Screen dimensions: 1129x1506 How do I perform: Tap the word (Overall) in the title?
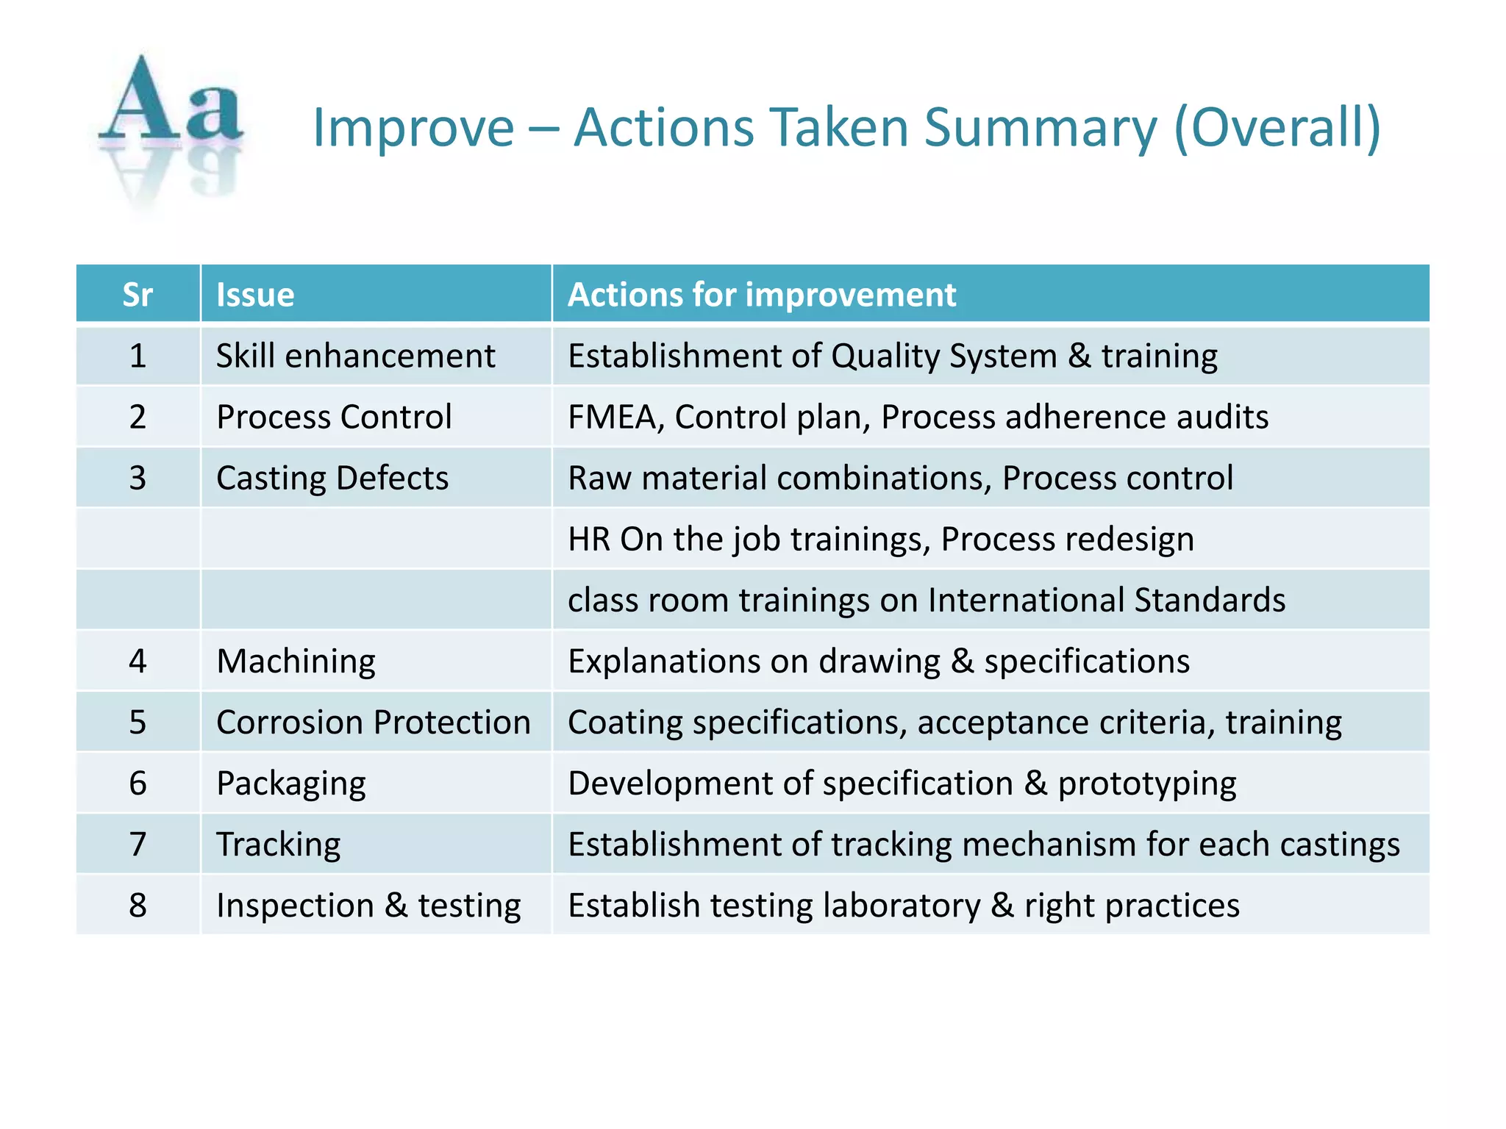coord(1277,128)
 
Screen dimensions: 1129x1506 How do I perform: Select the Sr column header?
coord(138,295)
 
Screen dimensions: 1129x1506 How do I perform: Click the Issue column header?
coord(255,295)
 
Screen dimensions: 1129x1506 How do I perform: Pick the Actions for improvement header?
coord(762,295)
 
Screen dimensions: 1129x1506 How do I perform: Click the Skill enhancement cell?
coord(355,356)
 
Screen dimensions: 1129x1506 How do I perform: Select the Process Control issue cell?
coord(334,417)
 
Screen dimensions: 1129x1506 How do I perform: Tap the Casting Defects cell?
coord(332,479)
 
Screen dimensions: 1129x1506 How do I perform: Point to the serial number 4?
coord(138,662)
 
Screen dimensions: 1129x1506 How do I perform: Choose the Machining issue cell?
coord(296,662)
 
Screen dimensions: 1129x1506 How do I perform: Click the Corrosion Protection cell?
coord(374,723)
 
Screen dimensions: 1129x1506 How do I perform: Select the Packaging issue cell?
coord(291,784)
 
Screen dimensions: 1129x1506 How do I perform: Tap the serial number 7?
coord(138,845)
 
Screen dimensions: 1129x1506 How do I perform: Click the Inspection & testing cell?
coord(368,906)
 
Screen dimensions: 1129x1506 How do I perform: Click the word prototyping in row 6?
coord(1146,784)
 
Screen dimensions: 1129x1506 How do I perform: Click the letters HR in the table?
coord(589,540)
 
